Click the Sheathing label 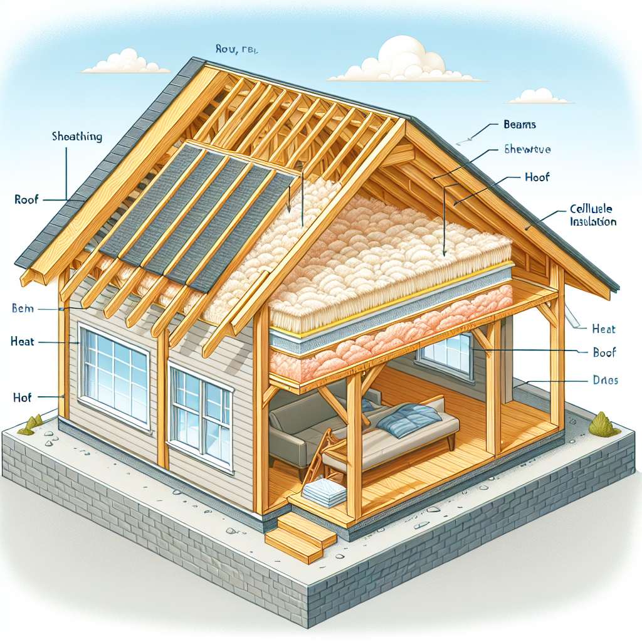pyautogui.click(x=78, y=137)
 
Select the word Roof pyautogui.click(x=26, y=200)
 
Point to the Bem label pyautogui.click(x=23, y=308)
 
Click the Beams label pyautogui.click(x=520, y=125)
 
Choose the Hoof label pyautogui.click(x=536, y=177)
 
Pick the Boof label pyautogui.click(x=604, y=353)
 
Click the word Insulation pyautogui.click(x=593, y=221)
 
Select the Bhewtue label pyautogui.click(x=527, y=149)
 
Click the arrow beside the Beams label pyautogui.click(x=476, y=132)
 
